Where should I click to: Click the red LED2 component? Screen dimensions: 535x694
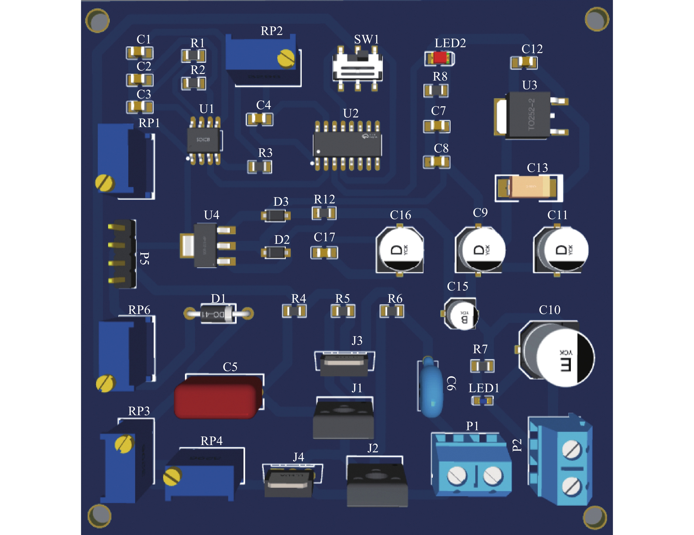tap(440, 58)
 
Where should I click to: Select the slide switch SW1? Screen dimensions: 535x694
tap(357, 68)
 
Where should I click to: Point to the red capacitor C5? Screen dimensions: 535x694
tap(219, 397)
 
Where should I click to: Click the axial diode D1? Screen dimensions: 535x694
tap(218, 314)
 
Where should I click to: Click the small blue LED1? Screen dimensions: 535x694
tap(482, 401)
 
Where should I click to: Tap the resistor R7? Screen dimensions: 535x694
tap(482, 366)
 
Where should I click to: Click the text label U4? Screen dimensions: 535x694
tap(212, 215)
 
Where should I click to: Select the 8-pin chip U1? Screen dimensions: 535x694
tap(204, 140)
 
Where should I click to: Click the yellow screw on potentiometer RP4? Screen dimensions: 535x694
tap(172, 476)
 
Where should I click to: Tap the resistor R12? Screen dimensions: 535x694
tap(324, 213)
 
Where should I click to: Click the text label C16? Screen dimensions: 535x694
tap(400, 215)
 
